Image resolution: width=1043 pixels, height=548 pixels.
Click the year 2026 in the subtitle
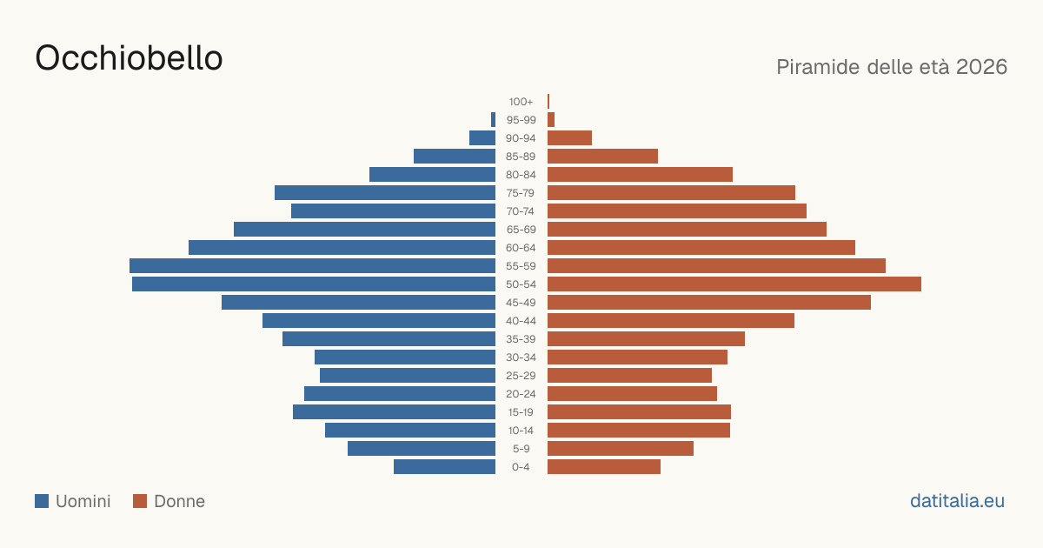pos(981,67)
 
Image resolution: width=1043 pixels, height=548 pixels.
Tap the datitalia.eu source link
pos(957,501)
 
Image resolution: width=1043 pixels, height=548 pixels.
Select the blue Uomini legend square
pos(42,501)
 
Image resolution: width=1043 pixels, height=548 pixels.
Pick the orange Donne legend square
pos(140,501)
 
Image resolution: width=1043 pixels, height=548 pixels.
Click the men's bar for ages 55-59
pos(312,265)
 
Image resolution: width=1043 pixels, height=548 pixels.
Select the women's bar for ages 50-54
pos(734,284)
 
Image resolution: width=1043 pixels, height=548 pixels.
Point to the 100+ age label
pos(521,102)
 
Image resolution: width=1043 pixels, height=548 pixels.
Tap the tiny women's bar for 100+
pos(548,101)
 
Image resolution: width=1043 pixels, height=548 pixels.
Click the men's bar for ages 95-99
pos(493,119)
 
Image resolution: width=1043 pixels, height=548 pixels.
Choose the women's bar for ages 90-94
pos(569,138)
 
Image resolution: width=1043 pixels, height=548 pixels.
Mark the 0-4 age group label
pos(521,467)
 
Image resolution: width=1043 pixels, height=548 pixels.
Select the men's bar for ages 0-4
pos(445,466)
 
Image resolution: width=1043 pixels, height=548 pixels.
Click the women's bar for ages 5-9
pos(621,448)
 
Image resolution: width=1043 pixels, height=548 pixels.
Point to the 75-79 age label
pos(521,193)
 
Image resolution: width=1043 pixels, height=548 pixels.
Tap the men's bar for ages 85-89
pos(455,156)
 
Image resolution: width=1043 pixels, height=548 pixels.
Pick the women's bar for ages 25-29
pos(629,375)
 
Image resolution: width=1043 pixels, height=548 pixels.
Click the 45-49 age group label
pos(521,303)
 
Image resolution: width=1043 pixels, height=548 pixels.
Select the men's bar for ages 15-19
pos(394,412)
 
